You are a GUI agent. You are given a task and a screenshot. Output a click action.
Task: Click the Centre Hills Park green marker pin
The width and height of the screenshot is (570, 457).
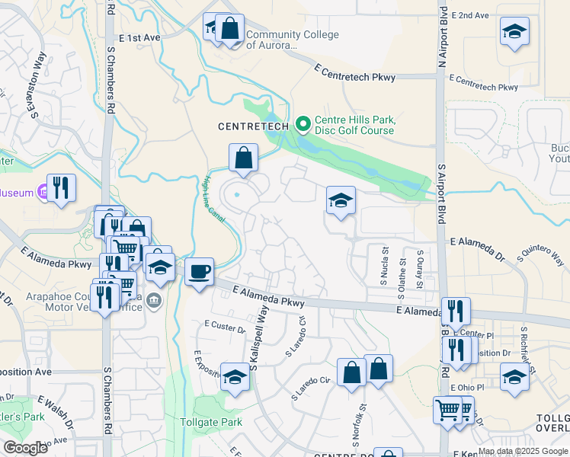coord(303,123)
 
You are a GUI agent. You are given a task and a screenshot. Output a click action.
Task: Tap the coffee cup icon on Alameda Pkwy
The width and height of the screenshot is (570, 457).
coord(199,272)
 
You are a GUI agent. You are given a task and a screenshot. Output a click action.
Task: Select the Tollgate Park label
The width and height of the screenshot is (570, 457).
coord(210,422)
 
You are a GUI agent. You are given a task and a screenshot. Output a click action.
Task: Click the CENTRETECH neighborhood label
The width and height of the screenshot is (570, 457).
coord(253,125)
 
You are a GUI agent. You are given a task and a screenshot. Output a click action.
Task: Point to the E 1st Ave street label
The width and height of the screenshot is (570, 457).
coord(139,37)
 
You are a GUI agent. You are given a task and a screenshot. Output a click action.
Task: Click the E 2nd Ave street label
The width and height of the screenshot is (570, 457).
coord(469,15)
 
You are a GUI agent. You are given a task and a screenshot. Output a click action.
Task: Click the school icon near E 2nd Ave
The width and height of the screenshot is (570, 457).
coord(514,32)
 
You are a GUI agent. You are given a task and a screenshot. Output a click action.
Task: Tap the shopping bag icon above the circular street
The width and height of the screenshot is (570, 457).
coord(243,158)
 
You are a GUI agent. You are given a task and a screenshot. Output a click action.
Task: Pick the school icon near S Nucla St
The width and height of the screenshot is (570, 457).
coord(341,200)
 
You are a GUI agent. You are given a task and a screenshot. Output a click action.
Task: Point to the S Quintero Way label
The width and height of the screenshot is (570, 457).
coord(544,259)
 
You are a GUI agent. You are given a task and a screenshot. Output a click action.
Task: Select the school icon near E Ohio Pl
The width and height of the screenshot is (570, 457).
coord(514,376)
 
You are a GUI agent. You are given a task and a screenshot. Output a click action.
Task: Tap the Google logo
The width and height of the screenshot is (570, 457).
coord(25,447)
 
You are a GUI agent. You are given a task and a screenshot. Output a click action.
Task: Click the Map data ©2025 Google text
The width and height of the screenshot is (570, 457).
coord(522,451)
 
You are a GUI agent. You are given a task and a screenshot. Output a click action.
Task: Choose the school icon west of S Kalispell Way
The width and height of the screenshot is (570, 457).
coord(235,377)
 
